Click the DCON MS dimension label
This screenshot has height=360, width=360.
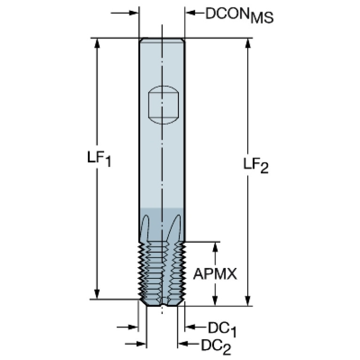239,15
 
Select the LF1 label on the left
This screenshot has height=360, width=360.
99,159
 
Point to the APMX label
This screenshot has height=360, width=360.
215,274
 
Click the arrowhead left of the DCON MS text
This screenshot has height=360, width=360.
191,13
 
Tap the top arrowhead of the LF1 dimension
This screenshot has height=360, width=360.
97,43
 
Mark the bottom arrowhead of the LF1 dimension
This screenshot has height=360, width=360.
97,294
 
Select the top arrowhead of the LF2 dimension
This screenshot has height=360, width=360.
247,43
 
